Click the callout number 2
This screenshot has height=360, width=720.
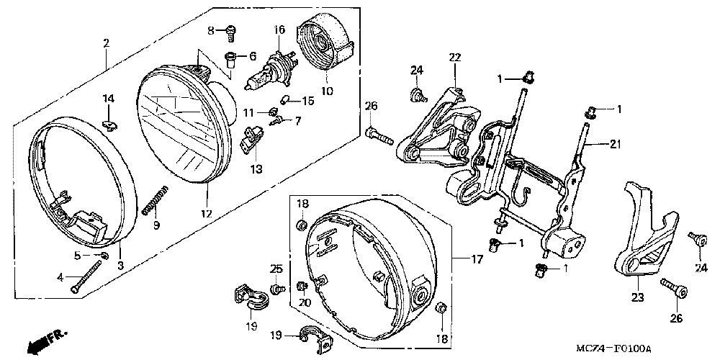pos(106,44)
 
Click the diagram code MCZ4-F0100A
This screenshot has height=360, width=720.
pos(614,348)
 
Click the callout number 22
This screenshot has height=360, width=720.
pos(454,58)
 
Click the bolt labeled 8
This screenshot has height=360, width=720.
pos(229,31)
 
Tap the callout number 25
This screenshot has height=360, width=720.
pos(275,269)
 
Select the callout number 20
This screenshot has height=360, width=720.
pos(303,303)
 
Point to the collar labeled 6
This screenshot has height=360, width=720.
pos(233,57)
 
